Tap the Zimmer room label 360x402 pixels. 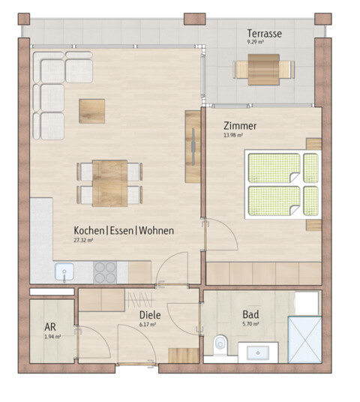tap(241, 127)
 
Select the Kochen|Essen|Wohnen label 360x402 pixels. tap(124, 231)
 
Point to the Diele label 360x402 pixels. tap(150, 316)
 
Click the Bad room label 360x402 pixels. tap(250, 315)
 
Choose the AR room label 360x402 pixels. tap(51, 328)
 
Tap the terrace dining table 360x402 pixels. tap(263, 70)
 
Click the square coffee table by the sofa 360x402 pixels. tap(93, 110)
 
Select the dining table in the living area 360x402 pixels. tap(109, 182)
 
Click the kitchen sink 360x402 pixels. tap(64, 271)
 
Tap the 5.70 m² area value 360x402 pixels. tap(250, 325)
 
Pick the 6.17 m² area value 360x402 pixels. tap(148, 325)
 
